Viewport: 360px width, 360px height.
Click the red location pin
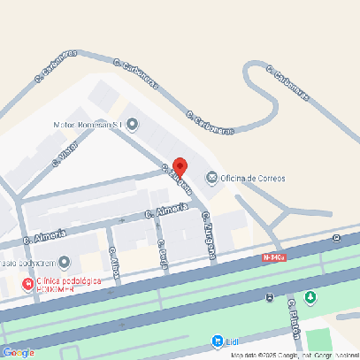[x=180, y=167]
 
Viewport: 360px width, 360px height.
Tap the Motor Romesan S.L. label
[x=88, y=125]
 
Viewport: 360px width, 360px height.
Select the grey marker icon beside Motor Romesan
[x=132, y=124]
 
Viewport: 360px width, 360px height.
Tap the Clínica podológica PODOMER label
[x=68, y=284]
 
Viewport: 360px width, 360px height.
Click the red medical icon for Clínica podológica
[x=27, y=283]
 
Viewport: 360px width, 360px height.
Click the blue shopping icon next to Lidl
[x=218, y=341]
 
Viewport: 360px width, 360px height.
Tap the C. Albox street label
[x=113, y=263]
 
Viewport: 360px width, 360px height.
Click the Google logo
[x=18, y=353]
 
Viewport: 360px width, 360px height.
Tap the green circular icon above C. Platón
[x=310, y=296]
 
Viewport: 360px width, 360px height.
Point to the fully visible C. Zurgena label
[x=210, y=236]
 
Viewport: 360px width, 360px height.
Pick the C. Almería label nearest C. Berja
[x=166, y=211]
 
